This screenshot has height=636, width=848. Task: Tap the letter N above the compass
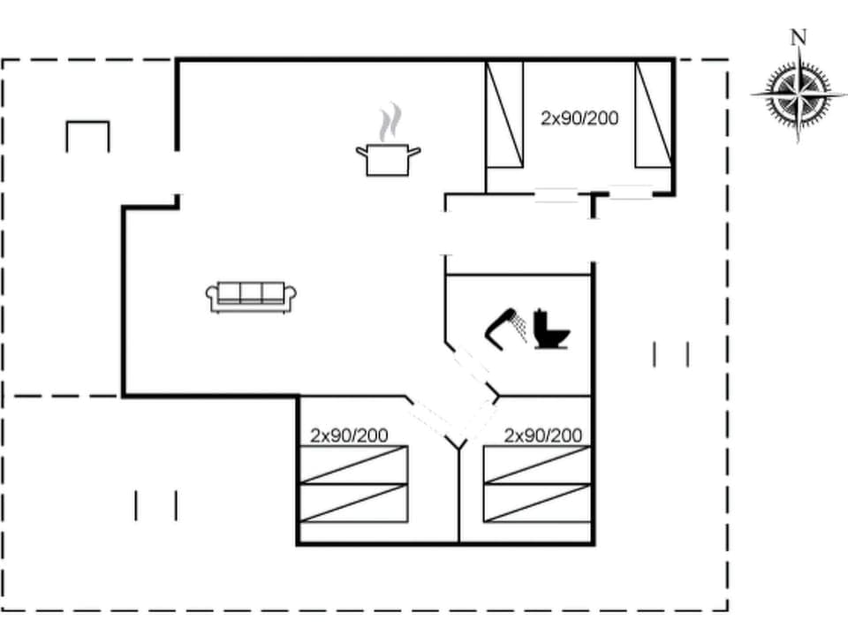[x=799, y=37]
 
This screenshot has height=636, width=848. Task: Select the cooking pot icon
[x=388, y=160]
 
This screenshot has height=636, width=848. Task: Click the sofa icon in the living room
[x=251, y=297]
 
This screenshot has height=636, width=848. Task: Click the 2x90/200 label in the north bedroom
[x=579, y=117]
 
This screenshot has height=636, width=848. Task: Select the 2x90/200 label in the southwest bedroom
[x=349, y=435]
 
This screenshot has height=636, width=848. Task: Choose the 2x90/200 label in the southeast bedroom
[x=543, y=435]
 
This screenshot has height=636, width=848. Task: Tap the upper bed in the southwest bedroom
[x=354, y=465]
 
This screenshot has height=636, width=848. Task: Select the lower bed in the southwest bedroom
[x=354, y=503]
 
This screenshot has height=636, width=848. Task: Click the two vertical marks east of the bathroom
[x=670, y=354]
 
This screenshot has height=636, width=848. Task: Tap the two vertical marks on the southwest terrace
[x=156, y=505]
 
